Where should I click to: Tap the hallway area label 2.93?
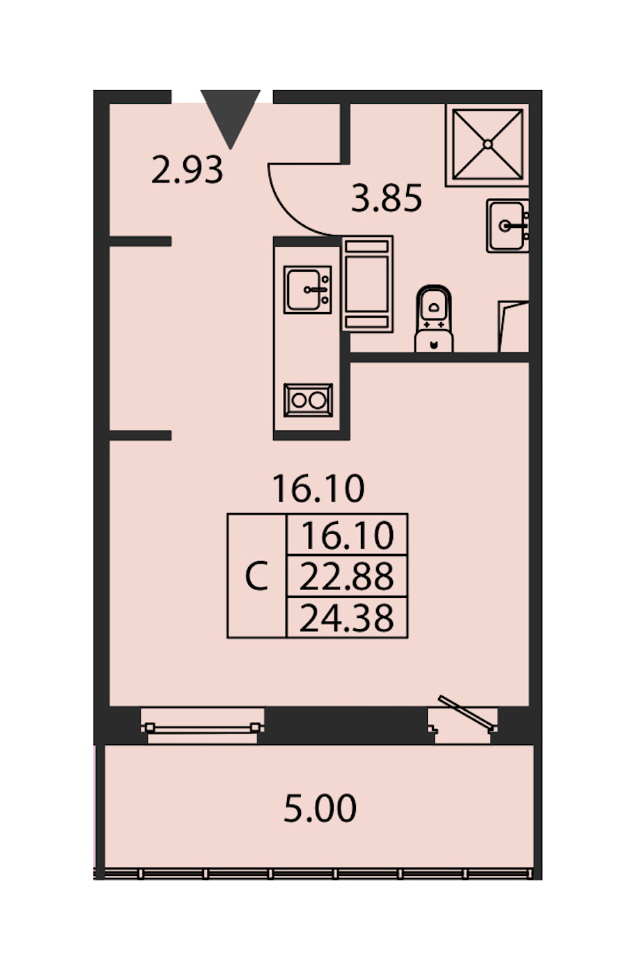[x=187, y=170]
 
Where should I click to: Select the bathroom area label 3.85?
[x=386, y=199]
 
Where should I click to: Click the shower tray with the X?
[x=487, y=144]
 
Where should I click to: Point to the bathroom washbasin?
[x=507, y=226]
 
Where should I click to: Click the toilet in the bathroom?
[x=433, y=318]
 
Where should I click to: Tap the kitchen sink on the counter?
[x=308, y=289]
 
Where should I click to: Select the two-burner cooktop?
[x=308, y=400]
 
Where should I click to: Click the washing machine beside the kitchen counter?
[x=367, y=284]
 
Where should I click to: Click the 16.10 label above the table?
[x=318, y=488]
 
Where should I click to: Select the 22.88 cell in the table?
[x=347, y=576]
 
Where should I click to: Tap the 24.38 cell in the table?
[x=347, y=618]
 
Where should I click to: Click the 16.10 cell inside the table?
[x=347, y=535]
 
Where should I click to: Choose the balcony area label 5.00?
[x=320, y=808]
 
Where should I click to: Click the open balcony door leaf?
[x=467, y=712]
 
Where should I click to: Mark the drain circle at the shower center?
[x=488, y=144]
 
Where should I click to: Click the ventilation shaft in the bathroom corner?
[x=513, y=326]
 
